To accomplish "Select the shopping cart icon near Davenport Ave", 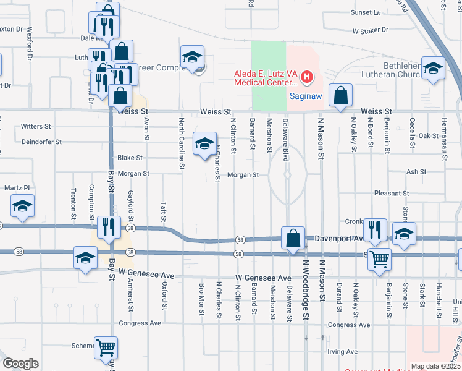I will [379, 261].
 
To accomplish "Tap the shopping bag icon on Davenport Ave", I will [293, 238].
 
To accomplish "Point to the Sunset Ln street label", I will [366, 12].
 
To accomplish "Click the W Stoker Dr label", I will [370, 30].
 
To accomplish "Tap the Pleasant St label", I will [392, 194].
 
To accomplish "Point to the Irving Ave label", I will [343, 352].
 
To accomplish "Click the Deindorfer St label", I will [41, 142].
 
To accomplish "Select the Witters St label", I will [36, 126].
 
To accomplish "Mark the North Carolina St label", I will [182, 143].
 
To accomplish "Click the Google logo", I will [20, 364].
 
